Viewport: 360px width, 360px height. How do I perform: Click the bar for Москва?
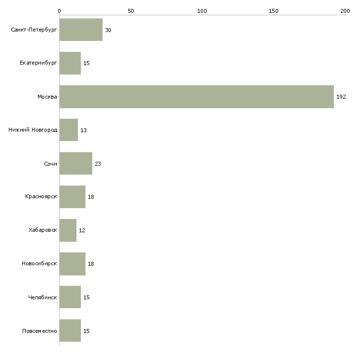tap(197, 97)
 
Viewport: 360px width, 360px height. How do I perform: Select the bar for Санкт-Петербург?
tap(81, 30)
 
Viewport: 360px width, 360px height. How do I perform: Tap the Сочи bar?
tap(76, 163)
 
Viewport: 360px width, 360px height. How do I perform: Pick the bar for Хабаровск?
tap(68, 230)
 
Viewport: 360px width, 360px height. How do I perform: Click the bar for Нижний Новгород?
tap(69, 130)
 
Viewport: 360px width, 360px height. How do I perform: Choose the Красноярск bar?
tap(72, 197)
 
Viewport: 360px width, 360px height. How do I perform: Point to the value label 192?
tap(341, 97)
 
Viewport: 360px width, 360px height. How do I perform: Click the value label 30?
tap(108, 30)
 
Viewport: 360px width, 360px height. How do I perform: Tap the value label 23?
tap(98, 164)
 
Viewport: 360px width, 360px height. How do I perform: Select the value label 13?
tap(83, 130)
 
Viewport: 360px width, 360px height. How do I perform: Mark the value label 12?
tap(82, 230)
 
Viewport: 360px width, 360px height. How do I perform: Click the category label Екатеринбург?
tap(38, 63)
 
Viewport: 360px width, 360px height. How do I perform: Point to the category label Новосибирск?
tap(39, 263)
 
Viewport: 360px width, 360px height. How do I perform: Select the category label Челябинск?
tap(42, 297)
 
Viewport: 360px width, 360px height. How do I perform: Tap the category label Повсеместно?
tap(39, 331)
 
